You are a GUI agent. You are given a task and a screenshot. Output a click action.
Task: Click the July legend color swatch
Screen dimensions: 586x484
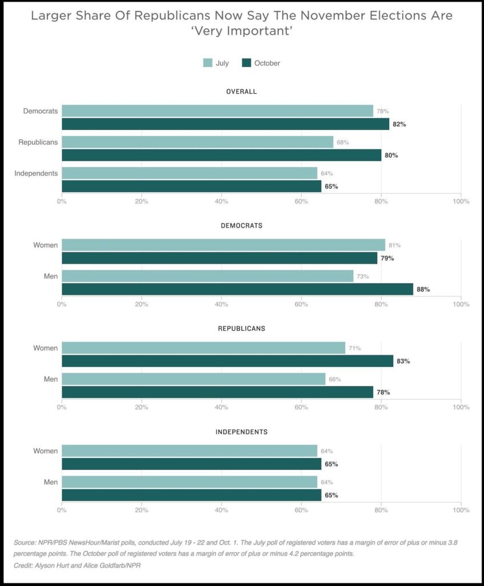click(207, 63)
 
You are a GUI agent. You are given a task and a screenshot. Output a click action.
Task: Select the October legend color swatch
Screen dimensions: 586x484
click(246, 63)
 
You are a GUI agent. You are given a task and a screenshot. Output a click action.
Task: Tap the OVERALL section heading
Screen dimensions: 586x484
click(241, 92)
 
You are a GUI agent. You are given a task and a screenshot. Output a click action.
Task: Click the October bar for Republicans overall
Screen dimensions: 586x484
click(221, 155)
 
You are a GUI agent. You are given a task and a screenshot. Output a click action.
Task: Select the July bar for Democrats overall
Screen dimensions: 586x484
click(217, 111)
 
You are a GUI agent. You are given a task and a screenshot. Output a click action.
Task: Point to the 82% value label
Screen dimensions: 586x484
click(399, 124)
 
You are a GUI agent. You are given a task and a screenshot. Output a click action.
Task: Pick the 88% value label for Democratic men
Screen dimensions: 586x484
click(423, 290)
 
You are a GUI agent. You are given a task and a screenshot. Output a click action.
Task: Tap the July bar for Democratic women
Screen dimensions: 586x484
click(223, 245)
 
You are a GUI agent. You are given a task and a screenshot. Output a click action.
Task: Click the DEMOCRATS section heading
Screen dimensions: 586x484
click(241, 225)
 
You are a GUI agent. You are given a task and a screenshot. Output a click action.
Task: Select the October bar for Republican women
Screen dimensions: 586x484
click(227, 361)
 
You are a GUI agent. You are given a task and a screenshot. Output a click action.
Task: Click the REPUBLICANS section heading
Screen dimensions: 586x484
click(241, 328)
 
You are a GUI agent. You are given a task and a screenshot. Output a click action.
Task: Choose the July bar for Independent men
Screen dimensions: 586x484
click(189, 482)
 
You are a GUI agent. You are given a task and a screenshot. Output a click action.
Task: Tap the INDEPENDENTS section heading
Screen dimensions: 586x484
click(241, 431)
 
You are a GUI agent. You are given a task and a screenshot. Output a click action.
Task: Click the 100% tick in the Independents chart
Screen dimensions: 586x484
click(461, 510)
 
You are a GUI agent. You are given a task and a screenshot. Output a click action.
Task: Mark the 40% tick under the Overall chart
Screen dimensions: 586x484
click(221, 201)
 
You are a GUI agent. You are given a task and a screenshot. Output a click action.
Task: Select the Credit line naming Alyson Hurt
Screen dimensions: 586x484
click(77, 565)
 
